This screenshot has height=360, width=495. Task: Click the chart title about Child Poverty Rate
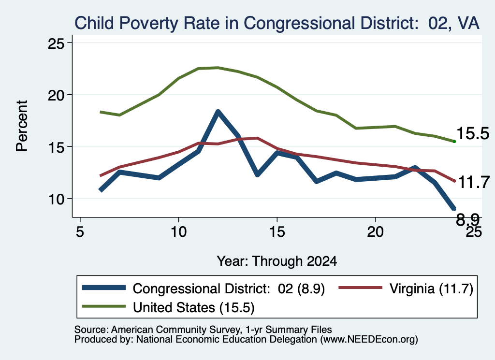coord(277,23)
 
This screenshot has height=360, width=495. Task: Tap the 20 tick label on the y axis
coord(56,95)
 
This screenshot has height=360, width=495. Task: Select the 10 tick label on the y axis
coord(56,199)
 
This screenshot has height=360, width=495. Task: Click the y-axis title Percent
coord(22,126)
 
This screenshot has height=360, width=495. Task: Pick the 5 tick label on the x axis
coord(80,232)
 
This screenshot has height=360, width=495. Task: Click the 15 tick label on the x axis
coord(277,232)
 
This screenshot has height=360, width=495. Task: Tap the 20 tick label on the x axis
coord(375,232)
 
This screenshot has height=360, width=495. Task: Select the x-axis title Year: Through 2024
coord(277,261)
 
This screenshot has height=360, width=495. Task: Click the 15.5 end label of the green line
coord(473,133)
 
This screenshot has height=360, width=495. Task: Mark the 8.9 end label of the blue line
coord(467,219)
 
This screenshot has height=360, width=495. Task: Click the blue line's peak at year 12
coord(218,111)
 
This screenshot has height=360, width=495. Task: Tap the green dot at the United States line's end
coord(454,142)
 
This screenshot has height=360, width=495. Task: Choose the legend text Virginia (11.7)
coord(431,288)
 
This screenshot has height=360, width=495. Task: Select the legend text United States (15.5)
coord(193,308)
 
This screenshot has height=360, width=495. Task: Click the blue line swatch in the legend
coord(104,288)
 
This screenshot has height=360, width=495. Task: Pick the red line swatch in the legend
coord(360,288)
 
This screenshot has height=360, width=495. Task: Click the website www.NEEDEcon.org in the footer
coord(369,340)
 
